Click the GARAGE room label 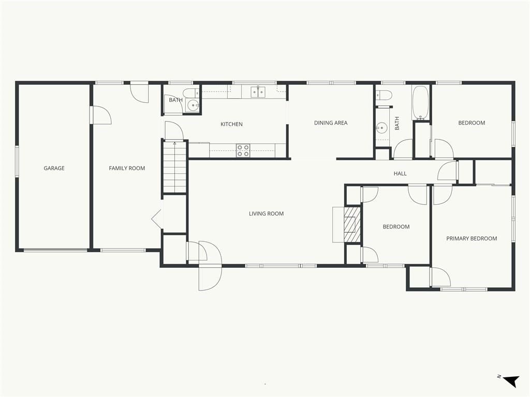click(54, 168)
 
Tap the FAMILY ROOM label click(127, 168)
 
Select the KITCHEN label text click(231, 124)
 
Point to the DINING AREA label click(331, 123)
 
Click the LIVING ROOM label click(267, 213)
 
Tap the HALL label click(400, 174)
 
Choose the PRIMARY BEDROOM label click(472, 238)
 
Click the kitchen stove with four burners click(243, 150)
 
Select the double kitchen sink click(258, 92)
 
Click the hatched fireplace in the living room click(352, 224)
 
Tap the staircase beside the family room click(175, 167)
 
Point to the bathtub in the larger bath click(420, 103)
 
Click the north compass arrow click(511, 381)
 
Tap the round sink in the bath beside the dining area click(382, 128)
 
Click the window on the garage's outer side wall click(17, 161)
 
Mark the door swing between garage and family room click(102, 115)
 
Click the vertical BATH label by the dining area click(397, 123)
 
